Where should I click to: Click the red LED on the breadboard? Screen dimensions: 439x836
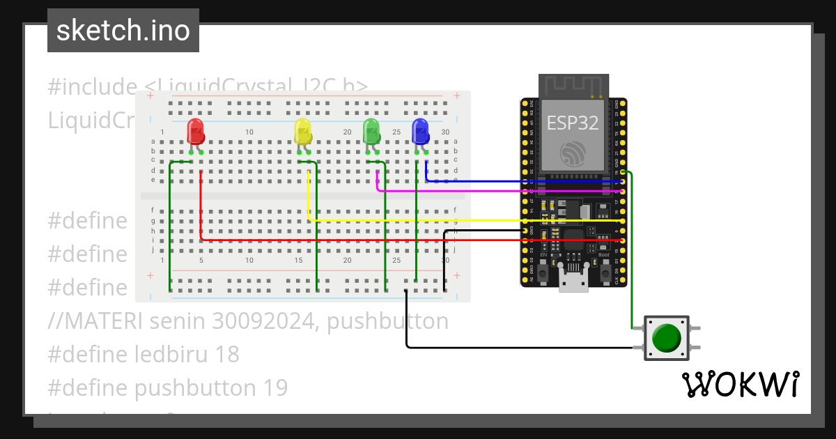195,132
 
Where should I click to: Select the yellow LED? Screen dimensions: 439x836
302,132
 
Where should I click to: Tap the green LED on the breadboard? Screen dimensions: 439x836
371,132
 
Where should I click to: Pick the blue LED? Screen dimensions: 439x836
420,132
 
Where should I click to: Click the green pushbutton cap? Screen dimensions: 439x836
667,338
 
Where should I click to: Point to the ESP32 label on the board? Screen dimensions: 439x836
572,123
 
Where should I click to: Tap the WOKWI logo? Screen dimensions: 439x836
740,384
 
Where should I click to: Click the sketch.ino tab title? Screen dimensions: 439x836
123,31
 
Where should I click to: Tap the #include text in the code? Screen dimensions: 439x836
92,87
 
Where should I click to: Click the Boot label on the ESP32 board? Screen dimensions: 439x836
603,254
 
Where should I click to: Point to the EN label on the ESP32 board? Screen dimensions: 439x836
543,255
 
